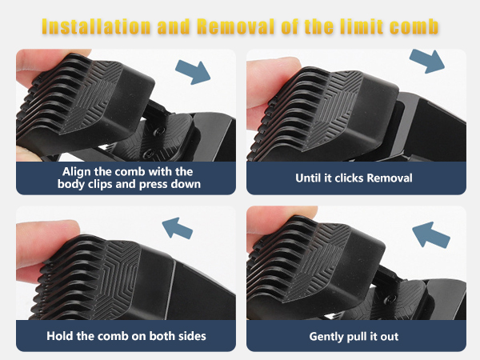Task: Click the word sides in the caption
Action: coord(189,336)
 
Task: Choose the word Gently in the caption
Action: coord(328,336)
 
